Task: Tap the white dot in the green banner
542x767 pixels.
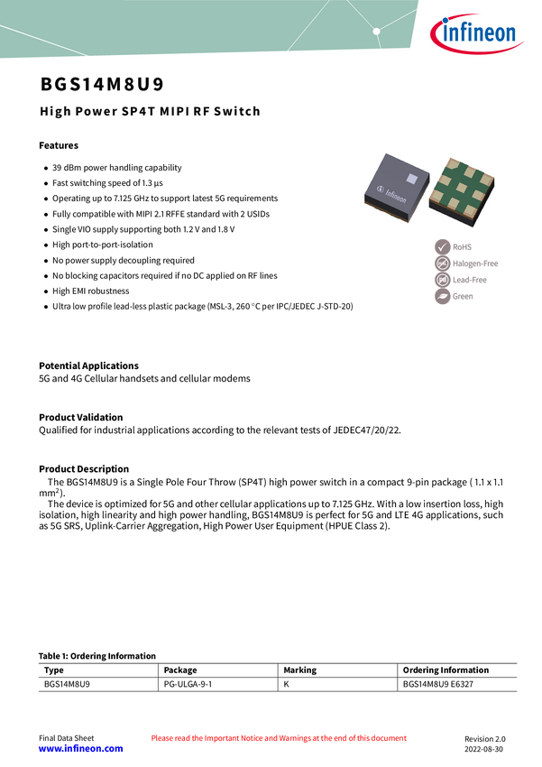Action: tap(377, 32)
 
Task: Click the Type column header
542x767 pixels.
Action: tap(54, 670)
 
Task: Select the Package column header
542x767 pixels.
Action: tap(180, 670)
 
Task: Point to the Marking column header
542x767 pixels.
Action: tap(300, 670)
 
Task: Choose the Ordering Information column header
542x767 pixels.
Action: tap(446, 670)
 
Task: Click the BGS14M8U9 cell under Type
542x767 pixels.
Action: tap(68, 686)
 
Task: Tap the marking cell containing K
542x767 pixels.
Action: tap(287, 686)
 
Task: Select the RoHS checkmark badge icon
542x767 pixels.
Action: tap(442, 246)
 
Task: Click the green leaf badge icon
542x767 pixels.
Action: tap(442, 296)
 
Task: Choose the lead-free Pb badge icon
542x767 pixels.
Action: tap(442, 280)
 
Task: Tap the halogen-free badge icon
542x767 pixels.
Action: tap(442, 263)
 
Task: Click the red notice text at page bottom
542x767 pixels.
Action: tap(279, 737)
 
